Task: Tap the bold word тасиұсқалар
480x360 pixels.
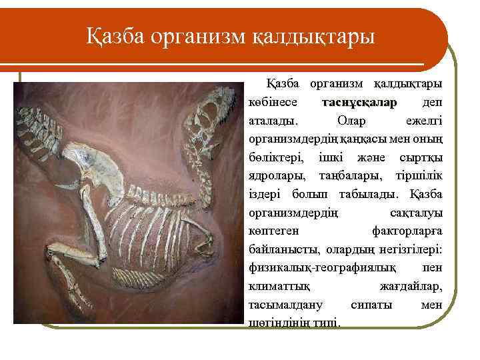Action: [359, 103]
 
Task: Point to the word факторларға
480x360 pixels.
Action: [407, 232]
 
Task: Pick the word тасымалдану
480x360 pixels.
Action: [285, 305]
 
